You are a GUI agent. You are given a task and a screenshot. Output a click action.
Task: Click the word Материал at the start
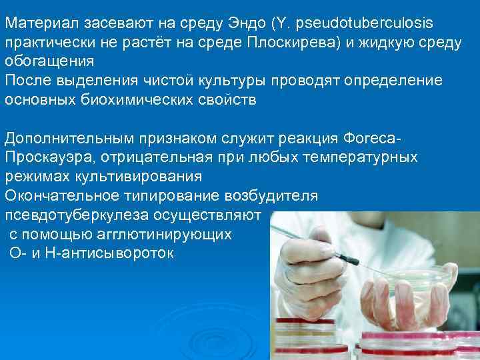[x=35, y=23]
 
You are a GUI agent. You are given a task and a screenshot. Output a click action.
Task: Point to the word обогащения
[x=49, y=62]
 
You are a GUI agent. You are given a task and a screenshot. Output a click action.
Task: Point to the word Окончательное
[x=59, y=196]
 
